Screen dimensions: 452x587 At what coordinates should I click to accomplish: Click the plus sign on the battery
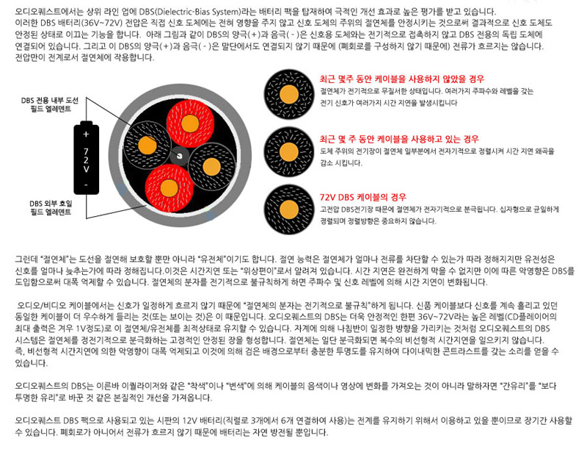pos(85,135)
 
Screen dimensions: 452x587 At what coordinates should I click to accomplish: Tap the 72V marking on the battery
pos(85,161)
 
